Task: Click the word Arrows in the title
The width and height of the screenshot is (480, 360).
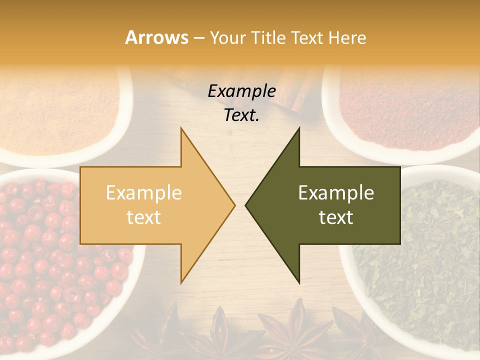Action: pos(156,37)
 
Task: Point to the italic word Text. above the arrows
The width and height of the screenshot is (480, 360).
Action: pos(241,115)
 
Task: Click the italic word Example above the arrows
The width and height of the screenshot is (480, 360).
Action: pos(241,91)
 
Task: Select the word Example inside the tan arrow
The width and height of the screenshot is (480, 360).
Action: pos(143,193)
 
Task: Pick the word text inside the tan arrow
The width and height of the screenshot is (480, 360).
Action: pos(143,217)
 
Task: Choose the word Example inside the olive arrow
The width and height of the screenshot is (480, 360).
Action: pos(336,193)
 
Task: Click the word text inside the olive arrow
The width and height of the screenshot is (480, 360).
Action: pos(336,217)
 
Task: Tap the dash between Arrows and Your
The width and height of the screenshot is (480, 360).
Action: pos(199,38)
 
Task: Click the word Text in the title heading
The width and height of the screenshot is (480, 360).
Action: pos(309,37)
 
